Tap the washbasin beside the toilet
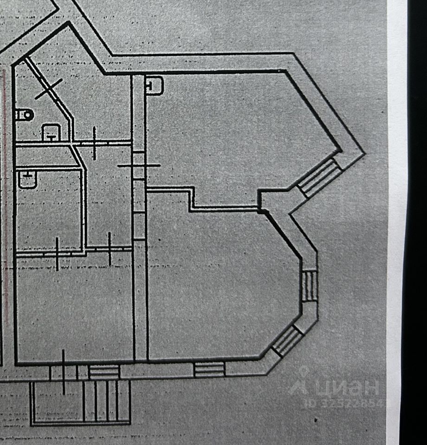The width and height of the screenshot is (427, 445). [x=50, y=133]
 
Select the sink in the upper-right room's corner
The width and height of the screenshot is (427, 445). [x=154, y=85]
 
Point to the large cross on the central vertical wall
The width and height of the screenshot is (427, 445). [x=139, y=165]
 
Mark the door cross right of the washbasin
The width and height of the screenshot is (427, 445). [x=94, y=143]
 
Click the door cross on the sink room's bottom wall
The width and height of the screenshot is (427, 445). [x=57, y=253]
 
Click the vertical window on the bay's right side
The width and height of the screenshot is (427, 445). [x=310, y=286]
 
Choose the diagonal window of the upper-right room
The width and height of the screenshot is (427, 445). [x=319, y=178]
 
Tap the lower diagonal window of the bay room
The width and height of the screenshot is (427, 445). [x=287, y=341]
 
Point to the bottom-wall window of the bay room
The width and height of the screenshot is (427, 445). [x=209, y=369]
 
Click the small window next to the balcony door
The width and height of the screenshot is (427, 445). [x=104, y=371]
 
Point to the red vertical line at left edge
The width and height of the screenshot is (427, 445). [x=6, y=185]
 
